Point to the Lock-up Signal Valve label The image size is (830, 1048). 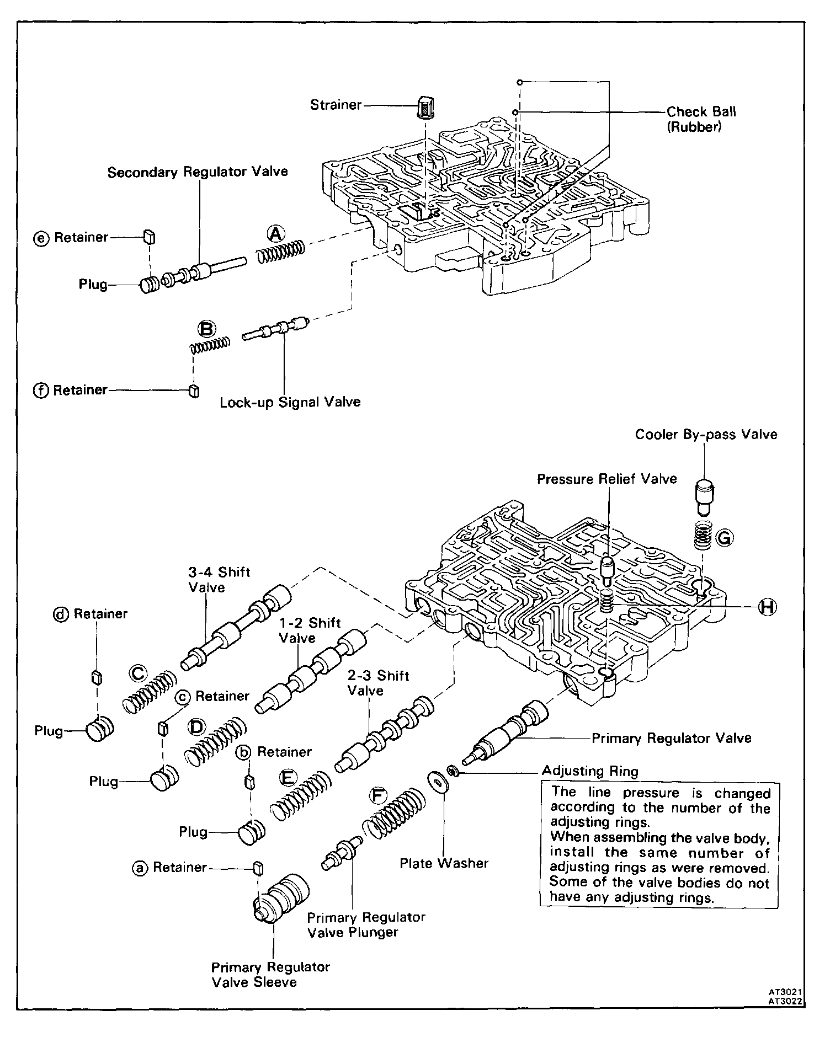tap(290, 402)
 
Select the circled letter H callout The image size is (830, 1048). tap(766, 607)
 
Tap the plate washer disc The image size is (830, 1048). tap(438, 783)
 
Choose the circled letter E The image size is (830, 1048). tap(288, 778)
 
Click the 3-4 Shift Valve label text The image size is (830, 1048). tap(219, 579)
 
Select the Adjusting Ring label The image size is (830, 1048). tap(589, 771)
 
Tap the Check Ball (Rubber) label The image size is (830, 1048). tap(701, 119)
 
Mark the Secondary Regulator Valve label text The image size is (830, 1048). tap(198, 172)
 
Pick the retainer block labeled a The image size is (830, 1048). tap(257, 867)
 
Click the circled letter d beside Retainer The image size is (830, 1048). tap(61, 614)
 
